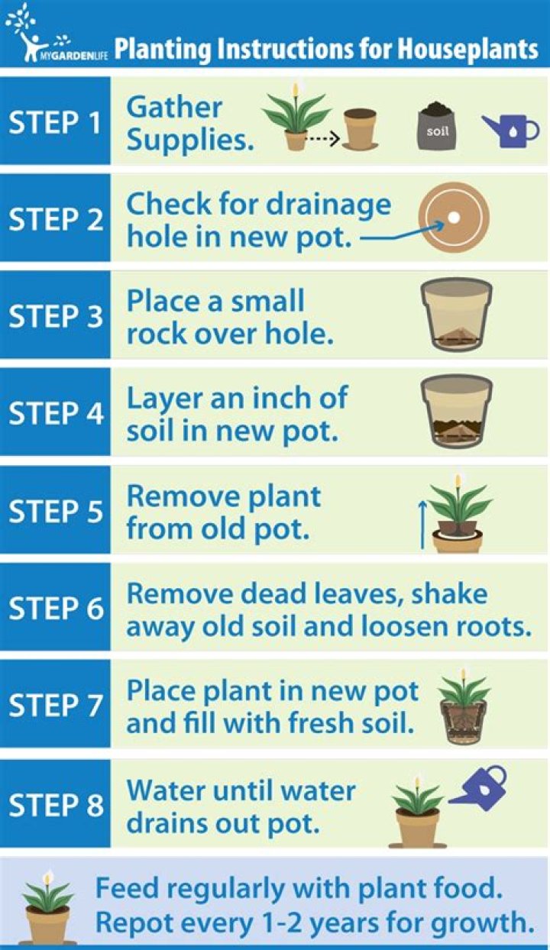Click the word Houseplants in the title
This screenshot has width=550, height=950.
pos(467,49)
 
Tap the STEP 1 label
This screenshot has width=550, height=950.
pos(55,122)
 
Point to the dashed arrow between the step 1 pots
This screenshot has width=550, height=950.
pos(323,137)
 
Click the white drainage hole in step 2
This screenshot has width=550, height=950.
pos(454,218)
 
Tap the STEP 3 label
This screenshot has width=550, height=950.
pos(56,316)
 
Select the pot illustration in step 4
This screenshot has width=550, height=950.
pos(457,412)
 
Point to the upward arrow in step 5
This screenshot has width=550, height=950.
pos(422,525)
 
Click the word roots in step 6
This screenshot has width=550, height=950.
pos(494,627)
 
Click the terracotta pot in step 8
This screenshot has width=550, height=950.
pos(417,829)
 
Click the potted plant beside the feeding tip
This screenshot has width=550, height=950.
pos(47,906)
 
